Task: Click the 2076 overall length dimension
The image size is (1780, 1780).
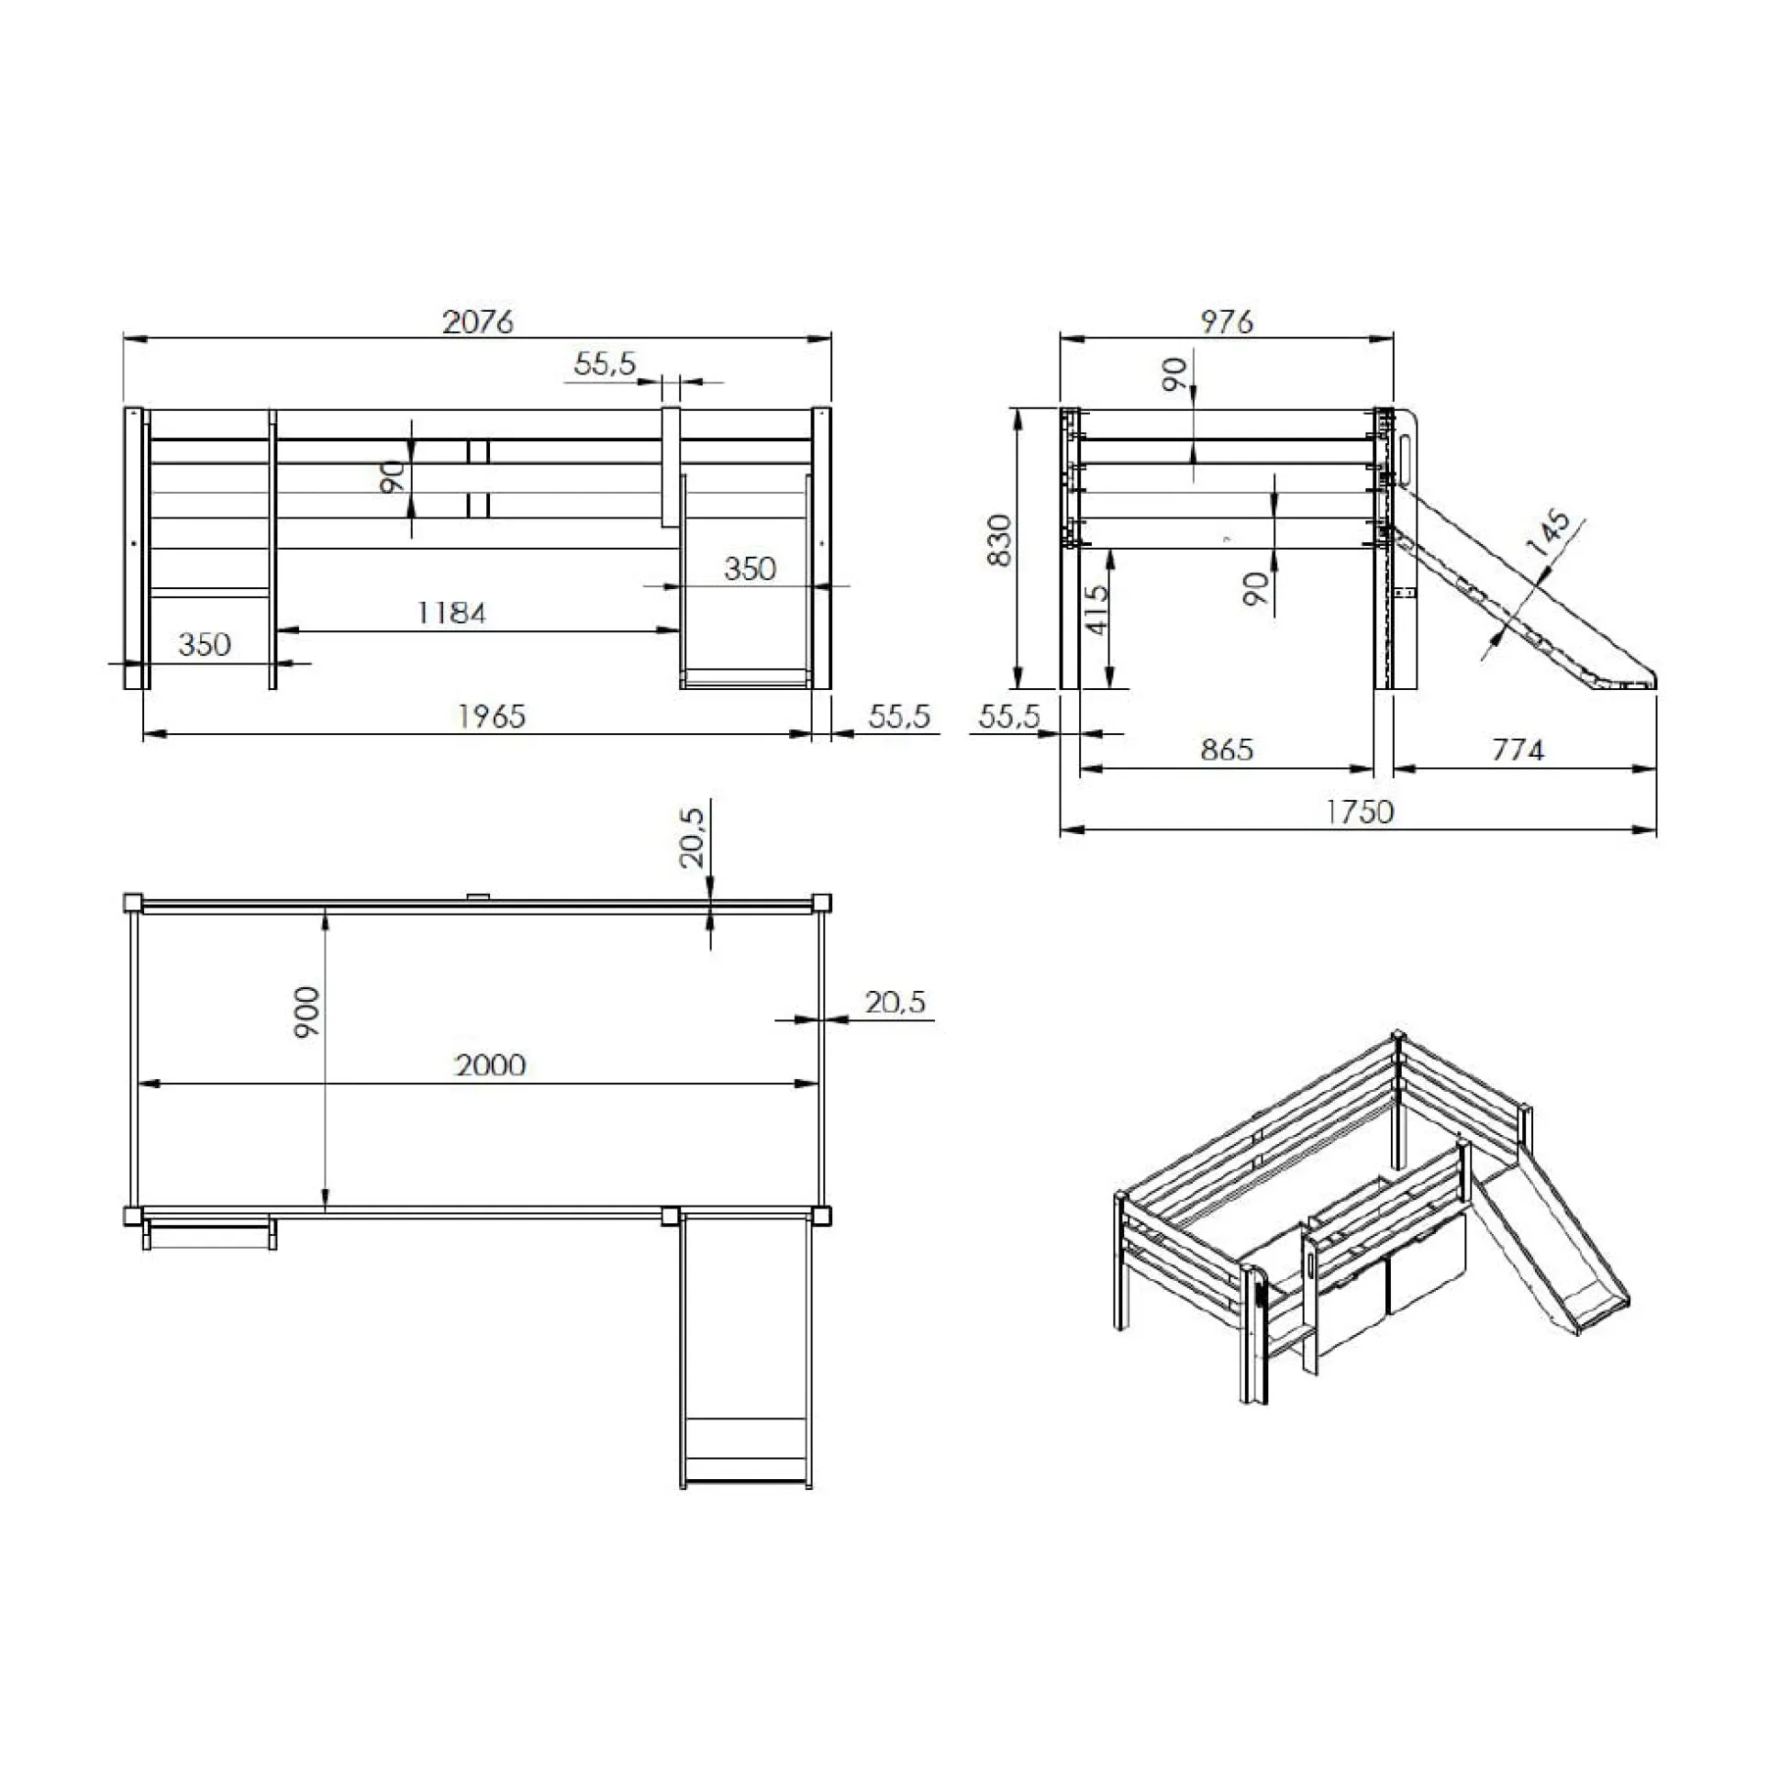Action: coord(477,321)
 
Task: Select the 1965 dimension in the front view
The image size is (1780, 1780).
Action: coord(492,716)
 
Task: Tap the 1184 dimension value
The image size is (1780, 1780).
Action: coord(451,613)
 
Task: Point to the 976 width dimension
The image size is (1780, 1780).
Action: coord(1227,321)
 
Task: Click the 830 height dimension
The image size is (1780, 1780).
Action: coord(998,540)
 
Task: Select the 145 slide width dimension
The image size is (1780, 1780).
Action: coord(1549,532)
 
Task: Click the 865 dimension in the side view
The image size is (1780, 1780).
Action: coord(1227,749)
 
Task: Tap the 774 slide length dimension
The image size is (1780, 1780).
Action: coord(1517,750)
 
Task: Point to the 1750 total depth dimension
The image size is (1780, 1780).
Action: coord(1359,812)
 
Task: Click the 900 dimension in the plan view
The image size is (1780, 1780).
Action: coord(307,1013)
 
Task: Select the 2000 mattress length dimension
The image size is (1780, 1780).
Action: coord(490,1065)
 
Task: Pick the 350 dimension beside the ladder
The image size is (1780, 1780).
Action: coord(205,644)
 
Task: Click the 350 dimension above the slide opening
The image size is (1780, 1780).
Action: coord(749,569)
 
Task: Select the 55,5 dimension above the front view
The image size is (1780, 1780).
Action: coord(605,363)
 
